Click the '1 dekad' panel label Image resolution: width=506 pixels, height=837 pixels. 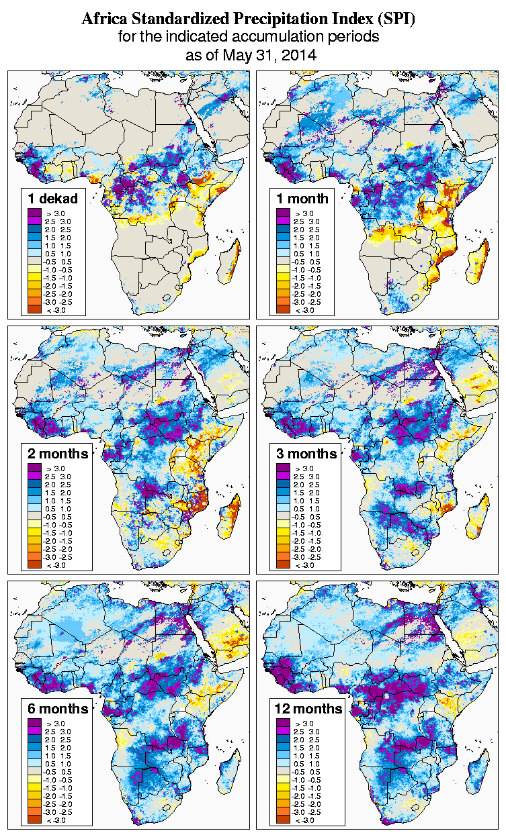tap(53, 198)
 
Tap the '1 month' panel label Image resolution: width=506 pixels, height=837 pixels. tap(302, 198)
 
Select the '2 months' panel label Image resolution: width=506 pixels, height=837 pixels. tap(57, 453)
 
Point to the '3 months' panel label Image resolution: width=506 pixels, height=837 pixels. tap(306, 453)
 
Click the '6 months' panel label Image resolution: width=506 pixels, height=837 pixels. tap(57, 709)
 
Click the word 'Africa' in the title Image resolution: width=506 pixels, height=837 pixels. tap(103, 19)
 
